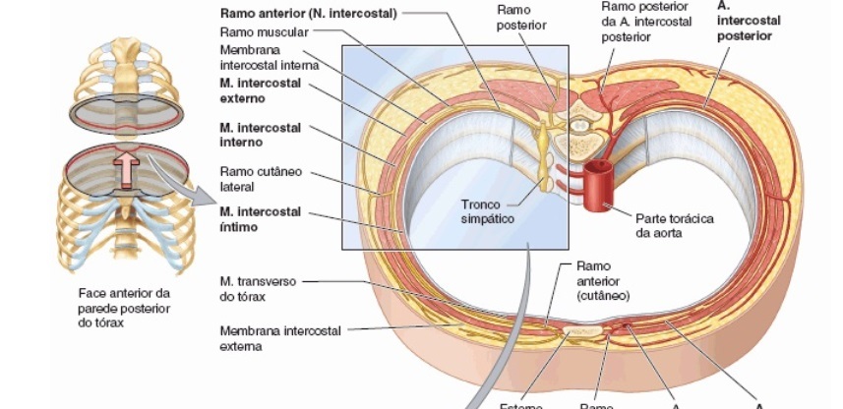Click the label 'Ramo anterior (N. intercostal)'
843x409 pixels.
(308, 14)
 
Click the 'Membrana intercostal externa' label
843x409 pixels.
(280, 338)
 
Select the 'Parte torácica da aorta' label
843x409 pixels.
(675, 225)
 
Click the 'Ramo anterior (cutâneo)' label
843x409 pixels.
(602, 280)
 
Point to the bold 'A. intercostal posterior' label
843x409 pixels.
(745, 21)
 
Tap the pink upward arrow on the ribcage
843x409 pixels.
(127, 168)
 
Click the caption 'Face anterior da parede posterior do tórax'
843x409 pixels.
(123, 309)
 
